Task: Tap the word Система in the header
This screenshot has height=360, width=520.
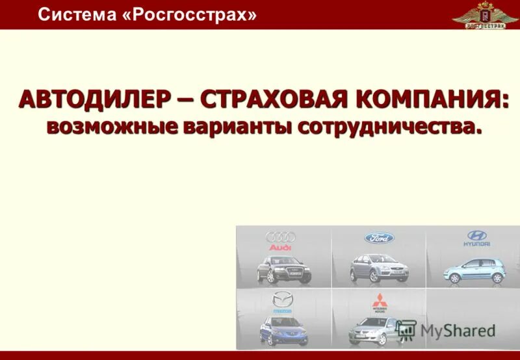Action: click(76, 14)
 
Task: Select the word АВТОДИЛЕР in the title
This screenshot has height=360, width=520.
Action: click(94, 101)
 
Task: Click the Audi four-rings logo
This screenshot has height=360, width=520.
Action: click(281, 238)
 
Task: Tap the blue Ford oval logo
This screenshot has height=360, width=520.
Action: click(379, 238)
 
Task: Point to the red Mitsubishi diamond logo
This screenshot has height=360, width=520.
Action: click(379, 300)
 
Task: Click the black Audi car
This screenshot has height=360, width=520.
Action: click(283, 268)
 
